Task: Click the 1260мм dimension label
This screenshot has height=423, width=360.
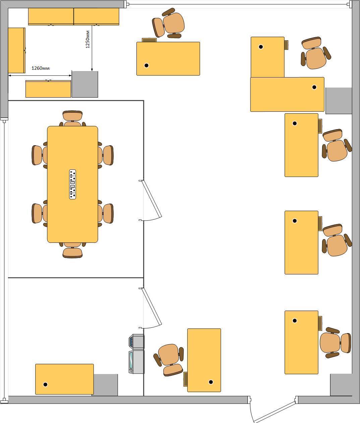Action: coord(41,68)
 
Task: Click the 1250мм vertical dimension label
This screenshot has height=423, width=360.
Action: coord(87,39)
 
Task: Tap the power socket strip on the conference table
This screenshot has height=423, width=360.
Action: coord(73,184)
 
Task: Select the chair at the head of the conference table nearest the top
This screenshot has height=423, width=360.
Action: coord(72,118)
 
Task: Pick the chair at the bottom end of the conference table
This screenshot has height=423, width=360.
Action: coord(72,250)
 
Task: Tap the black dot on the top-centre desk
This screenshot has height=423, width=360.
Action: coord(146,65)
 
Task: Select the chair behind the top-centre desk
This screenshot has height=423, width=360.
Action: coord(168,23)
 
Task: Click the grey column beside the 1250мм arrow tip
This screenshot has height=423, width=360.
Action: coord(85,84)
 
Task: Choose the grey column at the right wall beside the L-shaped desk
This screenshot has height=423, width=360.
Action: coord(339,101)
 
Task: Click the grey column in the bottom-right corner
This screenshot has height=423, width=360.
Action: coord(341,385)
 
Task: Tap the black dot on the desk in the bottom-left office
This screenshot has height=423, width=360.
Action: coord(45,384)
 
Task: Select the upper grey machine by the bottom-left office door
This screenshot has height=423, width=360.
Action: coord(136,341)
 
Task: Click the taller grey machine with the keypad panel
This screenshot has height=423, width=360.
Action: coord(136,362)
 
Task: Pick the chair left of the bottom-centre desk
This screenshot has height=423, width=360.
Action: coord(169,360)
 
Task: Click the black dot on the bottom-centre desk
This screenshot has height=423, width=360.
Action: coord(211,382)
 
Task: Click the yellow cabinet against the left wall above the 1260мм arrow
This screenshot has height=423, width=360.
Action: coord(16,50)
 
